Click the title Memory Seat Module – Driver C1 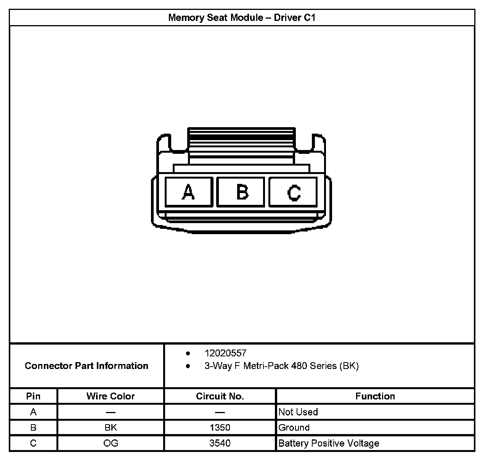click(242, 18)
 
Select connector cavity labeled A click(189, 192)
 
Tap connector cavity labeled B click(241, 192)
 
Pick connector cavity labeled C click(293, 192)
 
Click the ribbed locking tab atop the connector click(241, 139)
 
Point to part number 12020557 click(225, 353)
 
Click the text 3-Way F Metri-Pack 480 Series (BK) click(281, 366)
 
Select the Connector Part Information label click(87, 366)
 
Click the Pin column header click(33, 396)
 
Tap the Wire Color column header click(111, 396)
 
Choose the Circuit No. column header click(220, 396)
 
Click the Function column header click(375, 396)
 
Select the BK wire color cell click(111, 428)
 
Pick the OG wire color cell click(111, 443)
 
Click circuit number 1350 click(220, 428)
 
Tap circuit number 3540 click(220, 443)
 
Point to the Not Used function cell click(298, 412)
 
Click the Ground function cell click(294, 428)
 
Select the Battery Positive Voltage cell click(329, 443)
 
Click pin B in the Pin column click(33, 428)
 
